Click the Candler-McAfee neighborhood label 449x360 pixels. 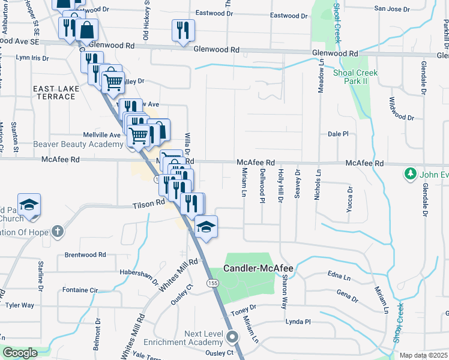point(258,268)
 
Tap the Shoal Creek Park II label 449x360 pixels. point(355,78)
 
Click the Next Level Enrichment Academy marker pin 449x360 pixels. point(233,338)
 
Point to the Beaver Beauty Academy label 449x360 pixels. point(70,144)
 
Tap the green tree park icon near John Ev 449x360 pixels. point(411,174)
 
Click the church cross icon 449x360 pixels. point(57,231)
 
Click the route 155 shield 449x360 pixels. point(213,283)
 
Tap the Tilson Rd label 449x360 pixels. point(149,204)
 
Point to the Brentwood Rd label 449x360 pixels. point(85,255)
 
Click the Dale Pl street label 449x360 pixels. point(338,134)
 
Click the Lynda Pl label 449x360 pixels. point(298,322)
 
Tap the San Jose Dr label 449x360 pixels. point(392,9)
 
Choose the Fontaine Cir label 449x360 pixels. point(80,290)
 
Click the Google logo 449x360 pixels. point(20,353)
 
